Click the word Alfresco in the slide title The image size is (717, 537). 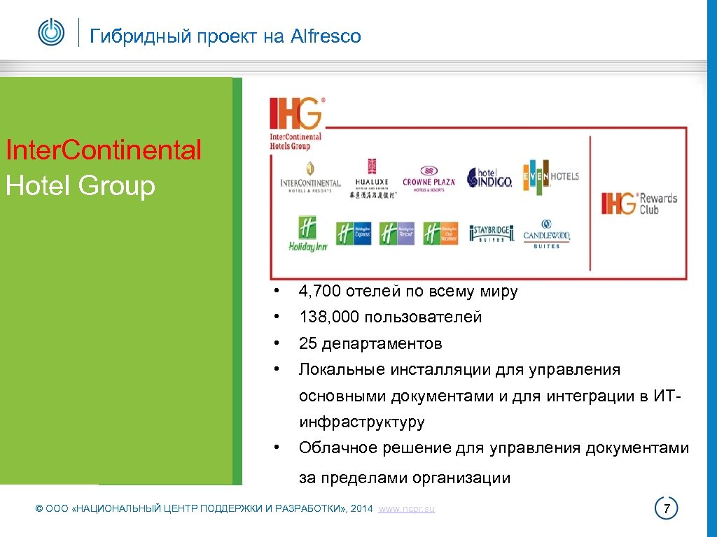click(x=326, y=36)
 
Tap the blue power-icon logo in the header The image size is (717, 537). click(x=51, y=32)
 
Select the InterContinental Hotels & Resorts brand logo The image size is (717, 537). click(x=310, y=178)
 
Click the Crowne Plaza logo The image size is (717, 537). click(x=429, y=179)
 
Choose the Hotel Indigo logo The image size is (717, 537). click(x=489, y=178)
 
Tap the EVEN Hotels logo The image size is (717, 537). click(x=550, y=176)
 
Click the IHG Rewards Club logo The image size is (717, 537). click(x=639, y=203)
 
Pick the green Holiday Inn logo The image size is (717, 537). click(x=308, y=234)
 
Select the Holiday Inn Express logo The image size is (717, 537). click(x=354, y=234)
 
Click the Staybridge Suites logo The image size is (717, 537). click(x=492, y=234)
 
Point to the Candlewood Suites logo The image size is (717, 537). click(x=547, y=236)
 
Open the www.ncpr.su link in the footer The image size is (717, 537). click(x=406, y=509)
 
